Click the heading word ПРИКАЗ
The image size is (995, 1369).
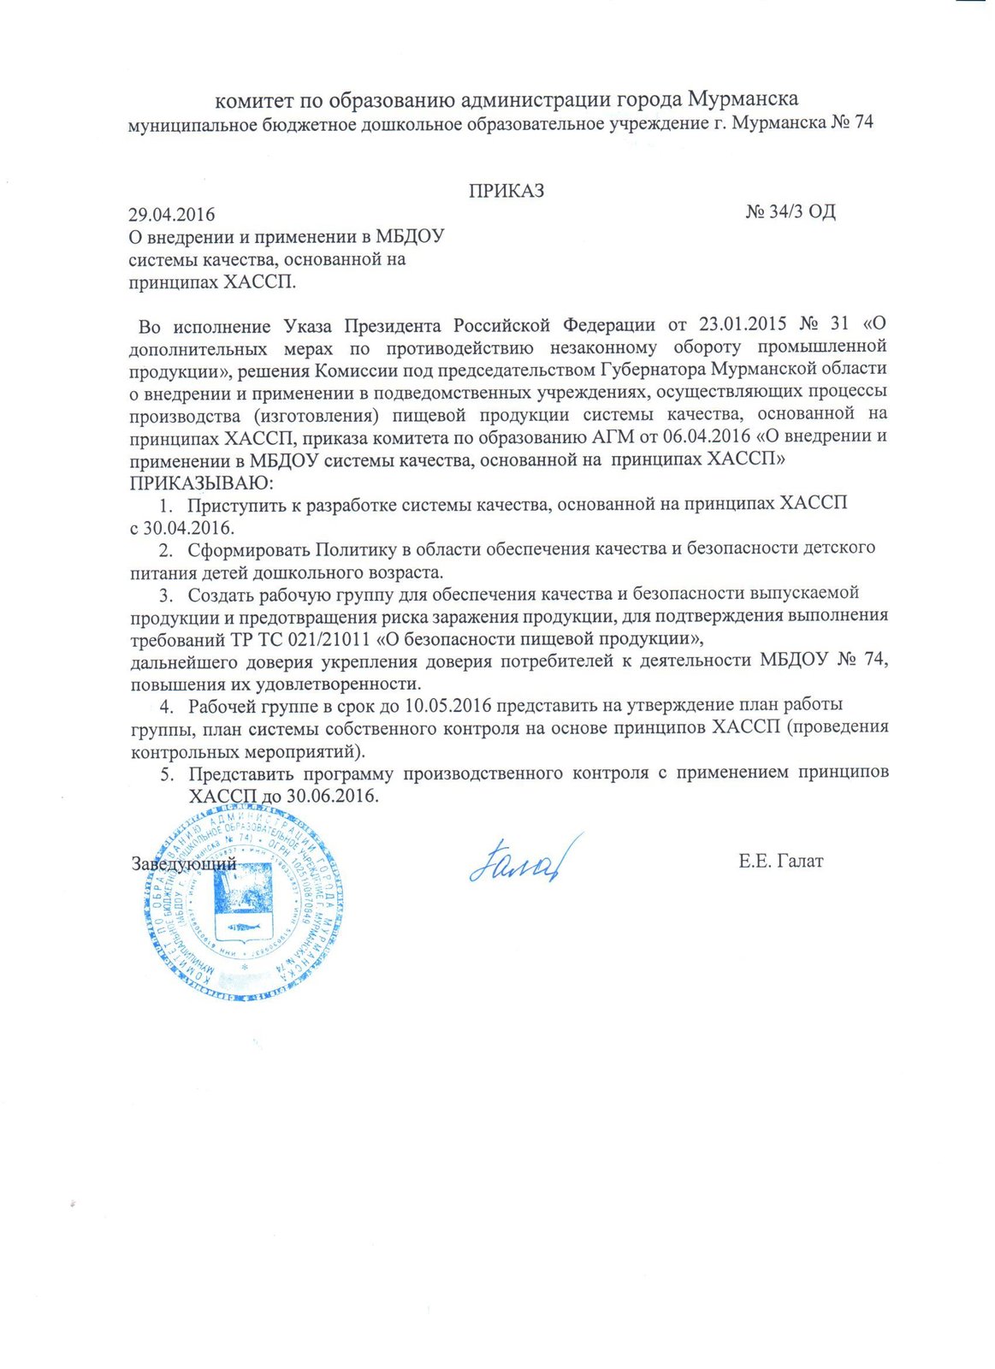506,191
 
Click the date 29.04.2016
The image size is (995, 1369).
171,214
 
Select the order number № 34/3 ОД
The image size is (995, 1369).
790,211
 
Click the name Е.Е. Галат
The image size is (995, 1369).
780,861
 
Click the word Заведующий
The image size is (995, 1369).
183,863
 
